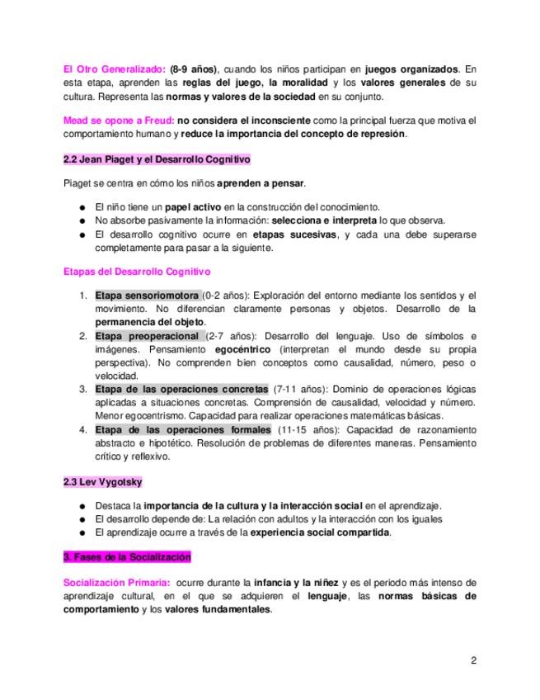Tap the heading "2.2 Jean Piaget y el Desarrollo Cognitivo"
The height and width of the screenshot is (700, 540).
pyautogui.click(x=157, y=158)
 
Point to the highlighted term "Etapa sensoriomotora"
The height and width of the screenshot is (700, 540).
pyautogui.click(x=147, y=296)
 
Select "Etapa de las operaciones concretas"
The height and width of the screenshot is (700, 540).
pyautogui.click(x=181, y=389)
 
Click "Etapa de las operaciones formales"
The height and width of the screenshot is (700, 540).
pyautogui.click(x=182, y=430)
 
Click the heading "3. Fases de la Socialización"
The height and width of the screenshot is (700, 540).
pyautogui.click(x=127, y=556)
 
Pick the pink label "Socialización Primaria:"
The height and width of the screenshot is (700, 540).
pyautogui.click(x=115, y=583)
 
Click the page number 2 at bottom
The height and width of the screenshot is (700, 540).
pyautogui.click(x=474, y=660)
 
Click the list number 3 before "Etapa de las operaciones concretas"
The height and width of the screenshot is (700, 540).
pyautogui.click(x=82, y=389)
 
